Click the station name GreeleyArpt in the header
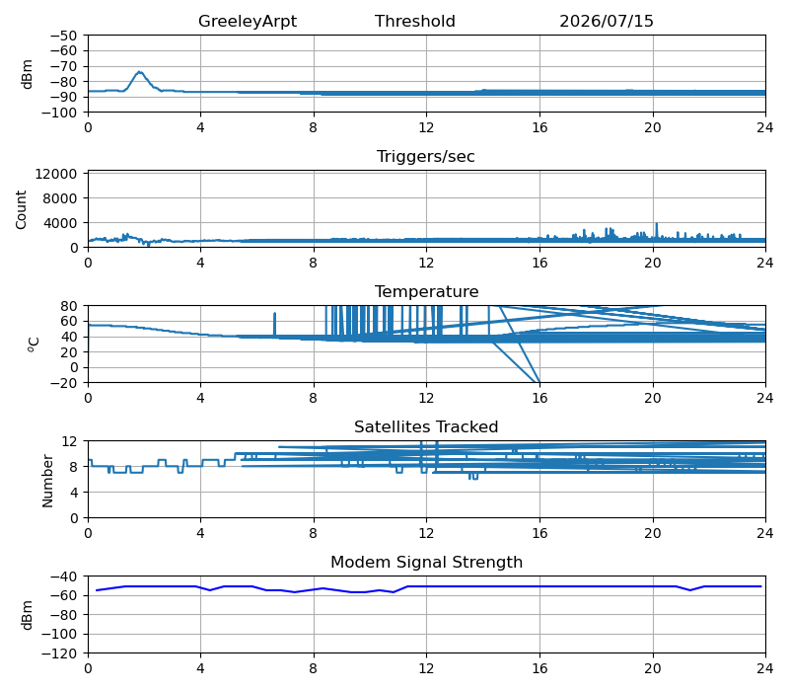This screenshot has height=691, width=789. pos(248,21)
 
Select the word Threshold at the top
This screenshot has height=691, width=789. pos(414,21)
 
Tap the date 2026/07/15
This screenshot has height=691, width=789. pos(607,21)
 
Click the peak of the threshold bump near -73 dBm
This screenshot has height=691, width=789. pos(140,72)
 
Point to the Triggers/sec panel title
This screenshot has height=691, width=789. pos(426,157)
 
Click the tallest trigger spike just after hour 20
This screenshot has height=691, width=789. pos(657,224)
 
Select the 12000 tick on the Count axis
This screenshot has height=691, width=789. pos(56,174)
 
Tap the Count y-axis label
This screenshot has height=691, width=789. pos(21,209)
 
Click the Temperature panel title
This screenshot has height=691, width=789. pos(427,291)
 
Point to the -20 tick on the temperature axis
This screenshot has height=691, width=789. pos(65,383)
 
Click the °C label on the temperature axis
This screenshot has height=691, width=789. pos(33,344)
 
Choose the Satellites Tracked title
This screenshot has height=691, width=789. pos(426,427)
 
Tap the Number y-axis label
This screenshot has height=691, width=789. pos(47,481)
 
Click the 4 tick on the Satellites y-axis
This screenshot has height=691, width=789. pos(75,493)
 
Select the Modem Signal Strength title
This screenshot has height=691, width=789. pos(427,562)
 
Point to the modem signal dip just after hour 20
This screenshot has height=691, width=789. pos(689,590)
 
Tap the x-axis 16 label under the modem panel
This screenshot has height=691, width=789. pos(539,669)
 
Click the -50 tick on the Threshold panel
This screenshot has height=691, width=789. pos(64,36)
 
